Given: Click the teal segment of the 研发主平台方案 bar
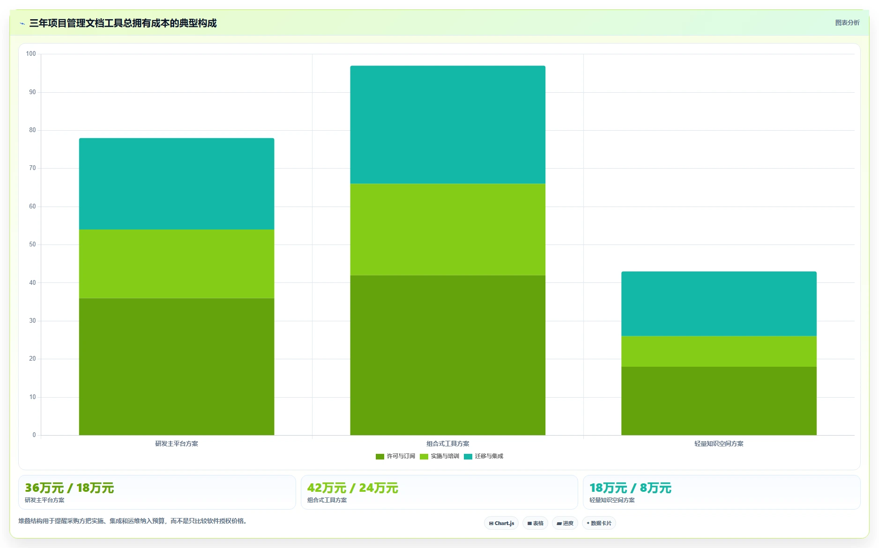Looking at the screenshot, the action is pos(177,184).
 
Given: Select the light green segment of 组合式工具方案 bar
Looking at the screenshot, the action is pos(447,230).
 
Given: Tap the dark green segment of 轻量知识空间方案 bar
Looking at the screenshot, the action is pos(719,401).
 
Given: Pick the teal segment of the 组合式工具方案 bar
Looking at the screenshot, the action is pos(447,125).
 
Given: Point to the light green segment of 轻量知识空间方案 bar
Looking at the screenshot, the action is pos(719,351).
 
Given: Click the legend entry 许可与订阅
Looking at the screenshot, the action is pos(395,456).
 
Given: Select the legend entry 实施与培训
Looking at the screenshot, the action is pos(439,456).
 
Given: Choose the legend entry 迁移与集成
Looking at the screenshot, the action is pos(484,456).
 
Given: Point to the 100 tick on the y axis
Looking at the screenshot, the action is pos(31,54).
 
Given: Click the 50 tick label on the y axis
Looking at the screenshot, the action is pos(32,244).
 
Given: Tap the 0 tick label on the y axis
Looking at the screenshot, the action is pos(34,435).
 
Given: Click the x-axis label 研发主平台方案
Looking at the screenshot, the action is pos(177,444).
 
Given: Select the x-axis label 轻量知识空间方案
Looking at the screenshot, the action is pos(719,444).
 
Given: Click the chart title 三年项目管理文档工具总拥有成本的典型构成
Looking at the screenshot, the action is pos(123,23).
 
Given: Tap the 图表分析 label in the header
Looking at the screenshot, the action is pos(847,22).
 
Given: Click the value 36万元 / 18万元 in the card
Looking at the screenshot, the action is pos(69,488).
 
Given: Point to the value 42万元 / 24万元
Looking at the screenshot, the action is pos(352,488).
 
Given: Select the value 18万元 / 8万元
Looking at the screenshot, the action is pos(630,488).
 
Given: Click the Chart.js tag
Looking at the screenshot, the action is pos(501,523).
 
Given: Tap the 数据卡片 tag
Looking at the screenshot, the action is pos(599,523).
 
